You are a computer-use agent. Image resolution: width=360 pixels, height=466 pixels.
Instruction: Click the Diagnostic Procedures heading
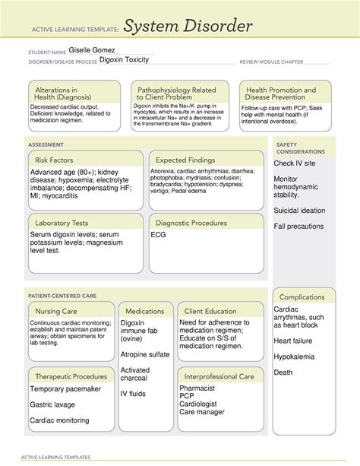click(191, 223)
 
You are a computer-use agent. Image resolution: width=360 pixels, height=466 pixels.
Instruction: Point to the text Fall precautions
click(299, 226)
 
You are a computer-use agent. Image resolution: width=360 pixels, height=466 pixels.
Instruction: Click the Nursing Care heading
click(57, 311)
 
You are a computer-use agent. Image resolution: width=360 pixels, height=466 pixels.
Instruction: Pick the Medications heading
click(145, 311)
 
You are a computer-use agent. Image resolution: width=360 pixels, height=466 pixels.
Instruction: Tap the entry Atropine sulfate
click(145, 353)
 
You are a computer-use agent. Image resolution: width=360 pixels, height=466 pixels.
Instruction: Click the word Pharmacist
click(198, 388)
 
